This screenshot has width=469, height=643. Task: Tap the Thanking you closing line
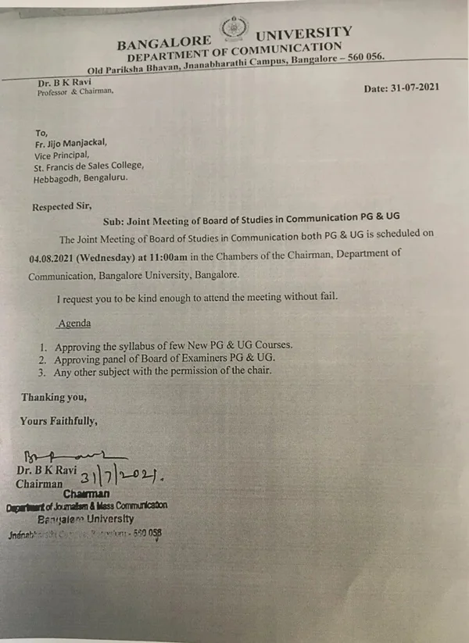coord(54,397)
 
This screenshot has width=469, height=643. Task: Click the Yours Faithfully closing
coord(59,421)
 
